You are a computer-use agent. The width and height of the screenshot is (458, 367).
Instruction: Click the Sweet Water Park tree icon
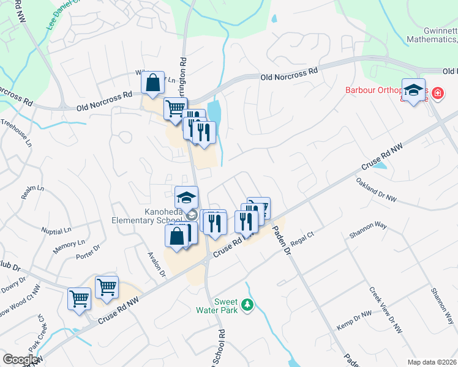point(247,305)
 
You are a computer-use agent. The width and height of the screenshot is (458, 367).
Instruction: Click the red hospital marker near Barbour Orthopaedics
point(438,94)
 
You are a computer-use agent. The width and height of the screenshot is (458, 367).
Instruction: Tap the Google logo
point(20,360)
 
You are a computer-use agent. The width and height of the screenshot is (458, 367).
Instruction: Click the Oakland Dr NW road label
point(376,190)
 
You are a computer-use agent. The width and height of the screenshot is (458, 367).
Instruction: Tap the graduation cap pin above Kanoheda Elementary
point(186,197)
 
